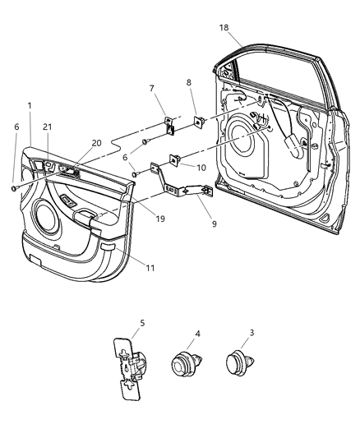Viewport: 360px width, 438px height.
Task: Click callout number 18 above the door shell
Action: pos(224,27)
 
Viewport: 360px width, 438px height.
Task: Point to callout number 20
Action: pos(97,142)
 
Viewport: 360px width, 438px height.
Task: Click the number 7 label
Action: pos(151,88)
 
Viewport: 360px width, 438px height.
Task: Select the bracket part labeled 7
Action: pos(169,125)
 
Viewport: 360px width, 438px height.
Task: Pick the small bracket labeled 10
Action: pos(176,160)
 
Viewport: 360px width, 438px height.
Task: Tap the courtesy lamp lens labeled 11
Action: pos(108,246)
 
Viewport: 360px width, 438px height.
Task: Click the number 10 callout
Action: pos(201,167)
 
